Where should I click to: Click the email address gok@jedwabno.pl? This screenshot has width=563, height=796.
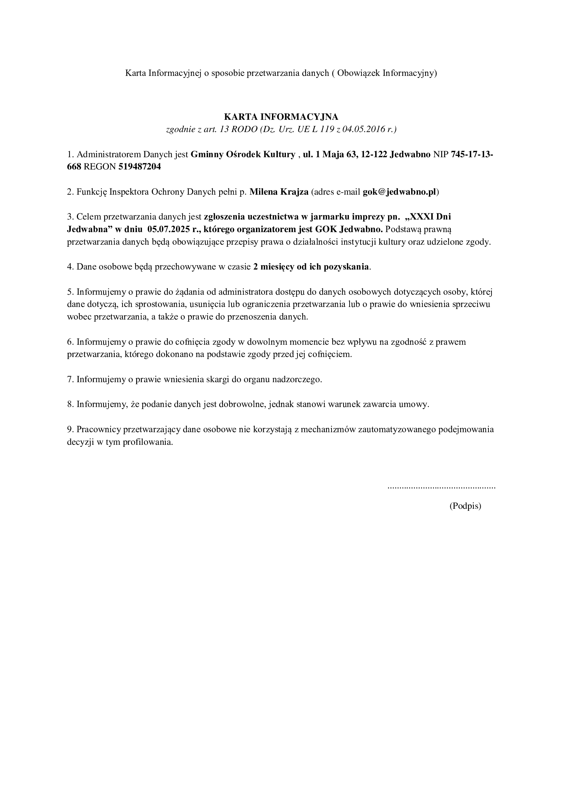[399, 192]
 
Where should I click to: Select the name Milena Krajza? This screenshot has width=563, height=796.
[279, 192]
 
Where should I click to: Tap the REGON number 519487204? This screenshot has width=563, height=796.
[140, 167]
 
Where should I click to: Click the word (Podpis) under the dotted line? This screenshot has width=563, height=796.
[465, 506]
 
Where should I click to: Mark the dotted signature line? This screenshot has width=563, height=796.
[441, 488]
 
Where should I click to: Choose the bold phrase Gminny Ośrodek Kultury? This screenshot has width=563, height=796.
[243, 154]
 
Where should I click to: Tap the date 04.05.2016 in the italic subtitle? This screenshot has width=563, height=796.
[364, 129]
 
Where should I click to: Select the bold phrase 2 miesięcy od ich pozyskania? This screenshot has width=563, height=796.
[311, 266]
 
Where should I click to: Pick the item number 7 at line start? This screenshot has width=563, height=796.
[69, 379]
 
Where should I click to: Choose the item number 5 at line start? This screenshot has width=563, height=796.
[69, 292]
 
